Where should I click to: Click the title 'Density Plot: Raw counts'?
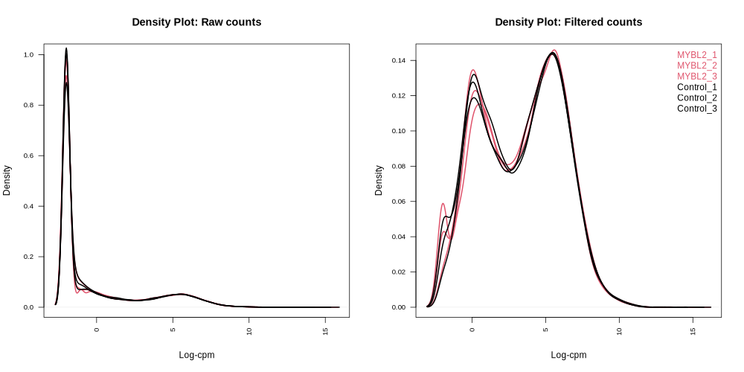click(196, 22)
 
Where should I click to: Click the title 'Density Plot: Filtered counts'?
click(568, 22)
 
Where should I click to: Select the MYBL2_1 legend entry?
click(696, 55)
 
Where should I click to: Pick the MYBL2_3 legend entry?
click(696, 77)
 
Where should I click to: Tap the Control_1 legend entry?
click(696, 87)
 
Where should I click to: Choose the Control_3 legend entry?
click(696, 109)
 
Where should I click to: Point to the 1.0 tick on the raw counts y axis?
click(28, 55)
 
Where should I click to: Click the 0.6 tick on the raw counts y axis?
click(28, 155)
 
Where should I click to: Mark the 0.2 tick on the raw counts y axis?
click(28, 257)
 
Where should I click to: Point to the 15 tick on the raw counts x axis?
click(324, 330)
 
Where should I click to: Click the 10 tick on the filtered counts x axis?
click(619, 330)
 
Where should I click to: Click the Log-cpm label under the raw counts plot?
click(196, 355)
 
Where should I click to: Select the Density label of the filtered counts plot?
click(379, 181)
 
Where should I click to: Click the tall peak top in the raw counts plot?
click(66, 49)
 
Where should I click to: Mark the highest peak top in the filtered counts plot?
click(553, 51)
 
